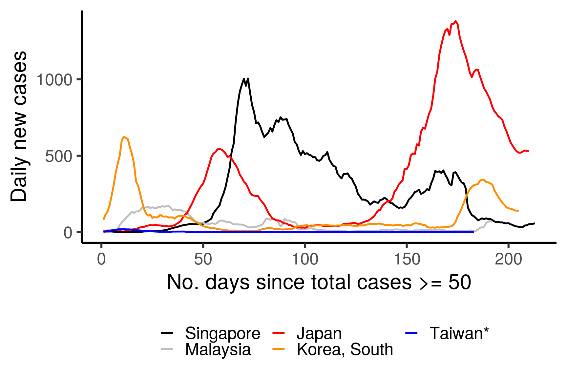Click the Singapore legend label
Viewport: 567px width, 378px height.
click(x=222, y=333)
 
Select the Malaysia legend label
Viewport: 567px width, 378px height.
click(x=218, y=349)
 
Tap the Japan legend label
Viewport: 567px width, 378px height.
click(x=319, y=333)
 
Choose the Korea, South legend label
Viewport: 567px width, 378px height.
click(x=345, y=349)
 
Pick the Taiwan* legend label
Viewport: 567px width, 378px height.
click(x=459, y=333)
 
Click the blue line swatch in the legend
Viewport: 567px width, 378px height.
click(x=411, y=333)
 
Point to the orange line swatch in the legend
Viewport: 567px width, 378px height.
click(x=278, y=349)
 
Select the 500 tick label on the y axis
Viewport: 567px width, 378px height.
click(x=58, y=156)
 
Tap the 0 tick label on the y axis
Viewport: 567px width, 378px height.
click(x=68, y=233)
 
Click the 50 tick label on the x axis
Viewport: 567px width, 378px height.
click(x=203, y=260)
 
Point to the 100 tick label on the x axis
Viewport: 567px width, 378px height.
click(x=305, y=260)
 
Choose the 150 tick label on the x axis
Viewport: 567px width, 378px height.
click(x=407, y=260)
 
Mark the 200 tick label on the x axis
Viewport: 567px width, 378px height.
click(x=508, y=260)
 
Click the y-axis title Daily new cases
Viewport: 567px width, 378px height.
click(x=19, y=126)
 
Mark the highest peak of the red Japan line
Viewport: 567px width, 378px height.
click(x=455, y=21)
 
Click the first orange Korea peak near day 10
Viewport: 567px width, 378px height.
click(x=124, y=137)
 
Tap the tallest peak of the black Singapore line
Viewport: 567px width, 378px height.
click(x=244, y=78)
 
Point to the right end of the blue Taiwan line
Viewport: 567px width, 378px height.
click(x=473, y=232)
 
